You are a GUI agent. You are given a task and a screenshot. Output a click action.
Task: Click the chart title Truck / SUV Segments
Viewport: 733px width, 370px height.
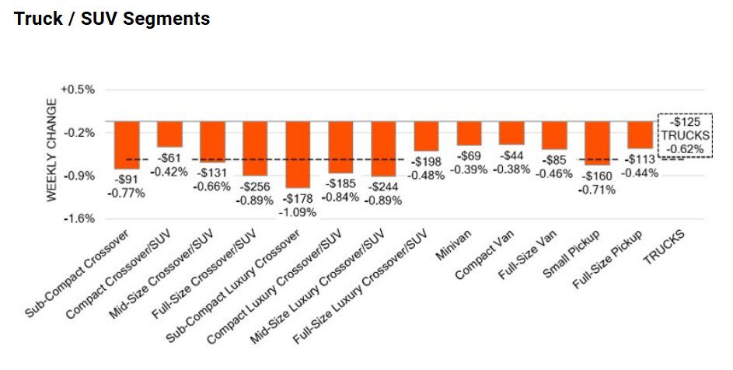coord(112,19)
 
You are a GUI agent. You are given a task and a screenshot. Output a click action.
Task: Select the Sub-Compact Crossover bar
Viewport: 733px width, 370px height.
coord(127,145)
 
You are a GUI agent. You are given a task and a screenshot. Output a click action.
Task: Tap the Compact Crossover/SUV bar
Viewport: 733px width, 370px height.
coord(169,134)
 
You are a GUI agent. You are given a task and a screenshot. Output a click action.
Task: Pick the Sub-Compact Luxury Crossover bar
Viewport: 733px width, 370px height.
coord(298,154)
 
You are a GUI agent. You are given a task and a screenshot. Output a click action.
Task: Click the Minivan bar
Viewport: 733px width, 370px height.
coord(469,133)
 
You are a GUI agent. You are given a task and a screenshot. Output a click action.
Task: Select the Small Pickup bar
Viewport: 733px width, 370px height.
coord(597,141)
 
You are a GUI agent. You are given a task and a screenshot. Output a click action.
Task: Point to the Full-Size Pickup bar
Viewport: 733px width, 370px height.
coord(640,134)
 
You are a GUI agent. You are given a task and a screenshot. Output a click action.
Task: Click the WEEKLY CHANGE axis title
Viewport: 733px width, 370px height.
coord(52,150)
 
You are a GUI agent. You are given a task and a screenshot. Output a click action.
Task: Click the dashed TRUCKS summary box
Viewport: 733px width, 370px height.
coord(685,135)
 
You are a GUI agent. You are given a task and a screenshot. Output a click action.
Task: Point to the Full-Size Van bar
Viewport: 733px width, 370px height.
coord(554,135)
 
